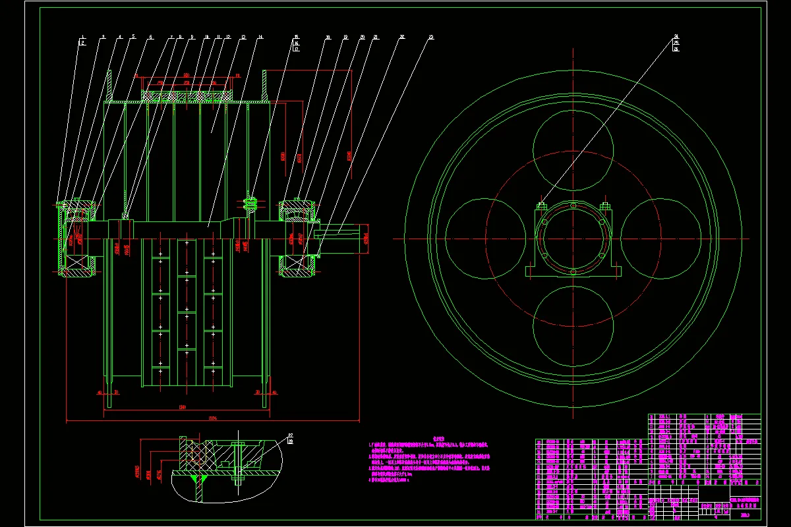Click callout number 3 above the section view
103,38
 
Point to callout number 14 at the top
260,38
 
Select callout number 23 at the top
432,38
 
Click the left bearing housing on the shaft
78,237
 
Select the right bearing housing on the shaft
298,237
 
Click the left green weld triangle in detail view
194,476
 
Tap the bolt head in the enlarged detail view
238,445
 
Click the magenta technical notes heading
440,438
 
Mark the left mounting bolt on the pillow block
542,206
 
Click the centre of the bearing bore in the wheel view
572,238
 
